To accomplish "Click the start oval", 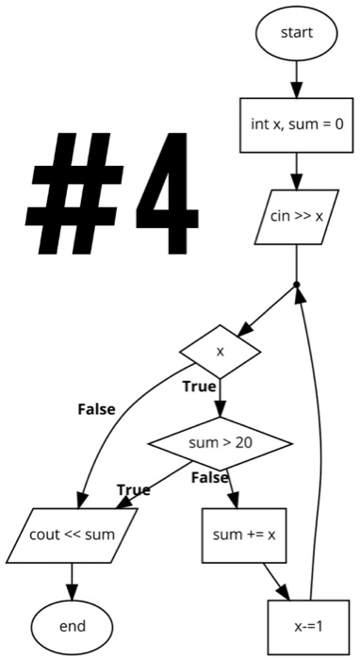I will pyautogui.click(x=296, y=33).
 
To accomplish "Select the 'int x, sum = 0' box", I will pyautogui.click(x=296, y=124).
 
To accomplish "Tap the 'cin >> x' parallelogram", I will pyautogui.click(x=296, y=216).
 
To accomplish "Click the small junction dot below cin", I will pyautogui.click(x=296, y=284).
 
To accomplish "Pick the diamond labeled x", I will pyautogui.click(x=221, y=352).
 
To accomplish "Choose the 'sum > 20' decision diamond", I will pyautogui.click(x=221, y=442).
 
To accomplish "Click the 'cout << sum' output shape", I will pyautogui.click(x=73, y=535).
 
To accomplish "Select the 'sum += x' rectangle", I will pyautogui.click(x=243, y=535).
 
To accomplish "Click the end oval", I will pyautogui.click(x=73, y=626).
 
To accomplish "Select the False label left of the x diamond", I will pyautogui.click(x=96, y=409).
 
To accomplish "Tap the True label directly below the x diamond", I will pyautogui.click(x=200, y=387).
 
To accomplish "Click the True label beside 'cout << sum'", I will pyautogui.click(x=133, y=489).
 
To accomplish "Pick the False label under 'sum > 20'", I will pyautogui.click(x=209, y=478).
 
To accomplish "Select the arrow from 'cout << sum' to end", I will pyautogui.click(x=73, y=580).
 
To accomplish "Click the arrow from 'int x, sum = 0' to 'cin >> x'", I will pyautogui.click(x=296, y=171).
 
